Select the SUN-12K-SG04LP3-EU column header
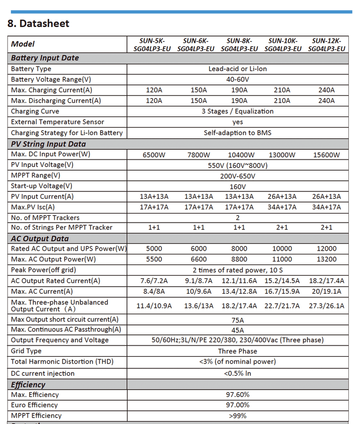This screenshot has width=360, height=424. [326, 45]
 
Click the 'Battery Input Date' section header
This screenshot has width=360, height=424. [45, 58]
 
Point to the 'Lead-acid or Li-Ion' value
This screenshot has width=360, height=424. [237, 69]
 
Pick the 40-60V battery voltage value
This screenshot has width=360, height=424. [237, 79]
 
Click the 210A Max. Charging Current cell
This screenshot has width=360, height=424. [282, 90]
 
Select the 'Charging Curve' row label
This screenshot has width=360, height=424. [35, 111]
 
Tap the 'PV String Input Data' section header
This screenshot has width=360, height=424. [48, 144]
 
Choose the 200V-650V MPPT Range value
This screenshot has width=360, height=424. [237, 175]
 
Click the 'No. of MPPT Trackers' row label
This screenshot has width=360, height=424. [45, 217]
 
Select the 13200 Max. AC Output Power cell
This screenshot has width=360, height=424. [326, 260]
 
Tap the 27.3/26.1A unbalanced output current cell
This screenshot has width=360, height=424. [326, 305]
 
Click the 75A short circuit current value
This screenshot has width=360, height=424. [237, 320]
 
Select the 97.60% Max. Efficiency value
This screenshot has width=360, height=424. [237, 394]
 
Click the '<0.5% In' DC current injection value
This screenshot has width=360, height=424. [237, 373]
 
